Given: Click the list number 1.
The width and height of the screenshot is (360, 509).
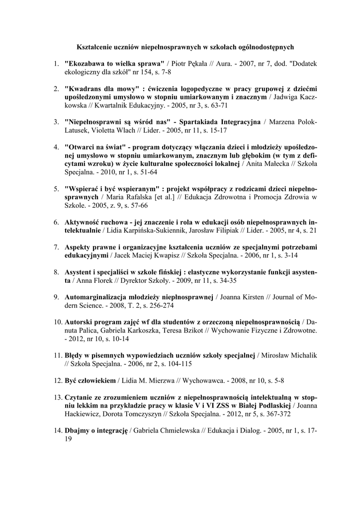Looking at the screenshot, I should [x=56, y=64].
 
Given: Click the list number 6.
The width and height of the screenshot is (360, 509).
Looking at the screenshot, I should [x=56, y=222].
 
